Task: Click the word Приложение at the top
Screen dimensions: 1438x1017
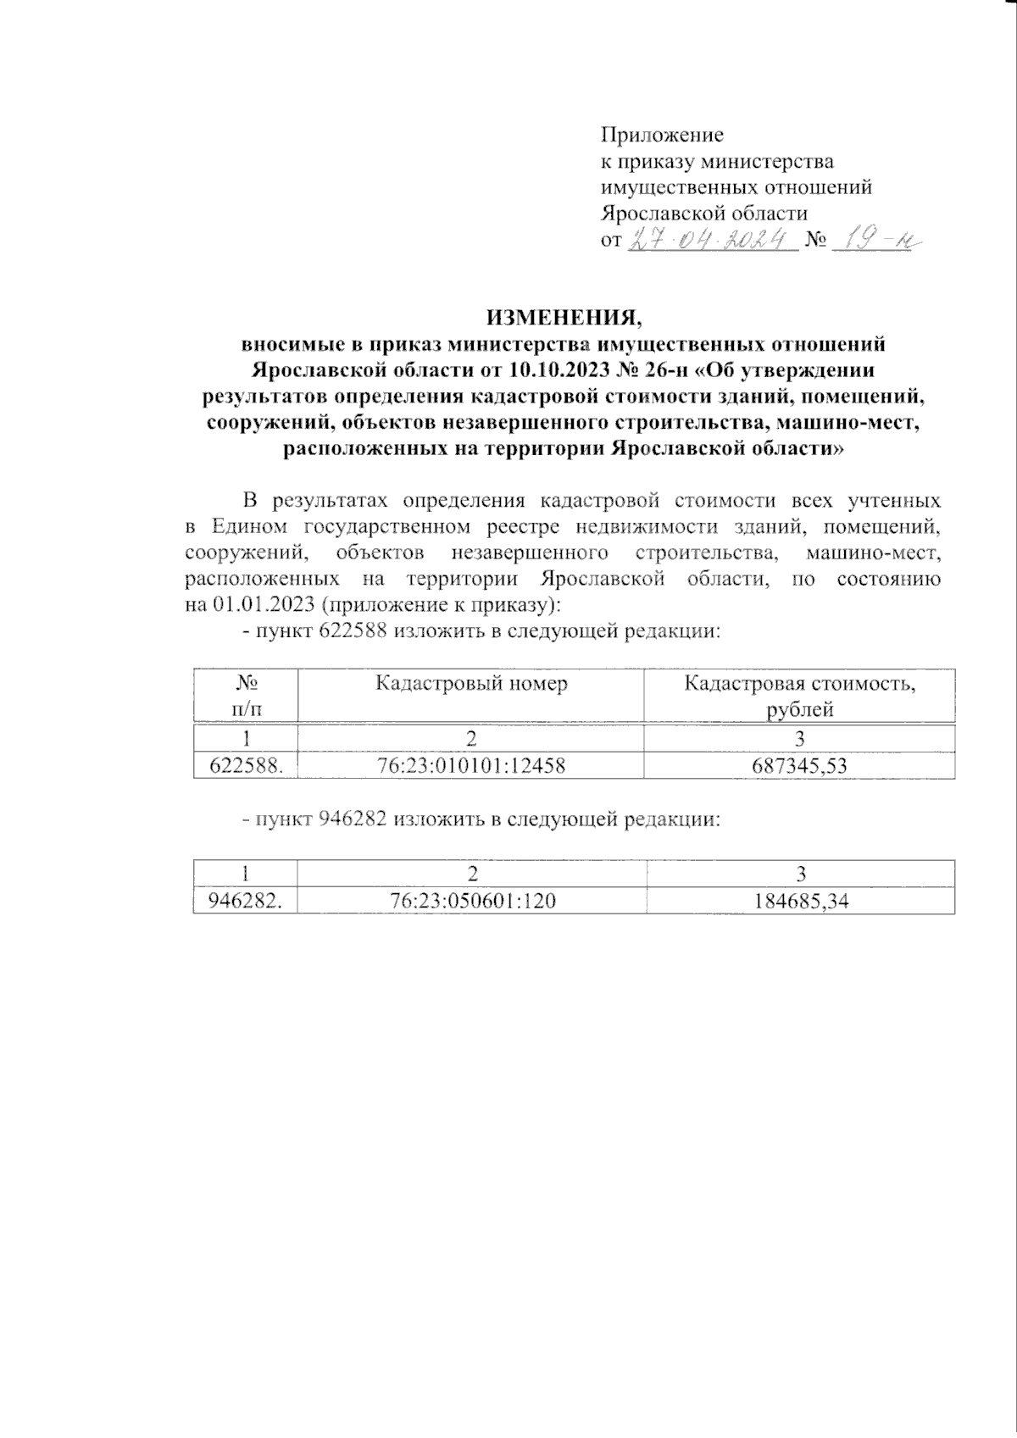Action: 661,135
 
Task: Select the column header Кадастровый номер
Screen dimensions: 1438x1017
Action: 471,684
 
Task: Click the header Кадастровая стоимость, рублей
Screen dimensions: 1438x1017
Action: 800,696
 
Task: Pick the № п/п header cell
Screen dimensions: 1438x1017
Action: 246,696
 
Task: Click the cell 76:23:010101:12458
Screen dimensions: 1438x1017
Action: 471,766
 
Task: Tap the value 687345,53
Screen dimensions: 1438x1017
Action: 800,766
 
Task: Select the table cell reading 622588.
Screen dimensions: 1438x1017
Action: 246,766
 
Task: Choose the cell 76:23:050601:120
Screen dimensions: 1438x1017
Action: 472,902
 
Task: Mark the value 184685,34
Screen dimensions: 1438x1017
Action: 801,902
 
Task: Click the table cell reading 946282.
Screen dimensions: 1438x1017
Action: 246,902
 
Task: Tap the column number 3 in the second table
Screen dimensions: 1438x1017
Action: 801,874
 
